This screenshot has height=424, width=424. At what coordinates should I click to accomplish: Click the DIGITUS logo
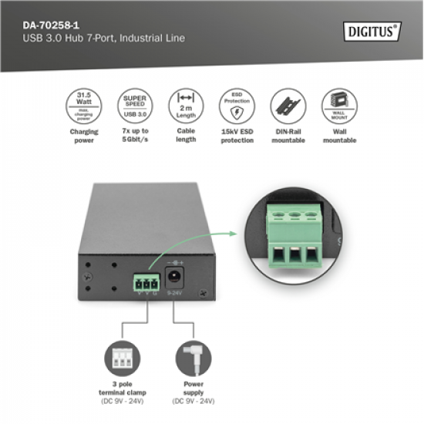pyautogui.click(x=371, y=32)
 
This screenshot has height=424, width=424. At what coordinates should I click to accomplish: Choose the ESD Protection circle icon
pyautogui.click(x=237, y=104)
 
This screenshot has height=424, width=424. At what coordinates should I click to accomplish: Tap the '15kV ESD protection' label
pyautogui.click(x=237, y=136)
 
